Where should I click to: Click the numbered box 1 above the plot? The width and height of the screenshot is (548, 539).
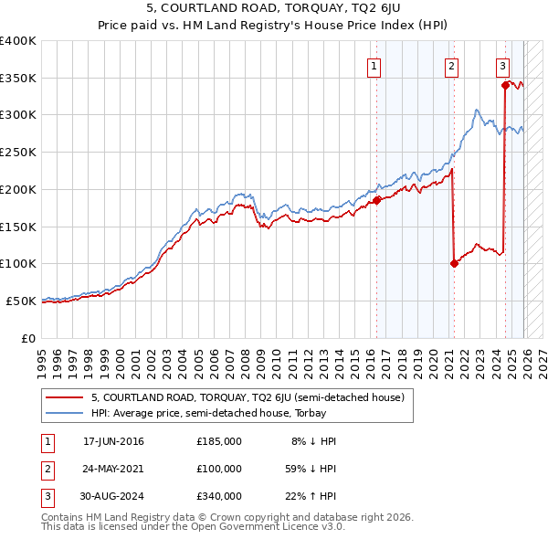374,65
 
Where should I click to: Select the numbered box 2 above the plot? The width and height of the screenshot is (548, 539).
452,65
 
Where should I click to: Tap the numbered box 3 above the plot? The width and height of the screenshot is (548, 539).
502,65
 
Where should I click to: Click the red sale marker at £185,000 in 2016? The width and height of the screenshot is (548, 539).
376,200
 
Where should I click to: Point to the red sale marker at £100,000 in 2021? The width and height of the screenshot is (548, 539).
454,263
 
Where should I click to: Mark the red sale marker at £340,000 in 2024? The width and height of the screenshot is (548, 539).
505,85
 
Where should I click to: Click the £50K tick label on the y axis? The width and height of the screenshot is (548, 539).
20,301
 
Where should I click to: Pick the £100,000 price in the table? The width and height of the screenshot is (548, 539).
218,469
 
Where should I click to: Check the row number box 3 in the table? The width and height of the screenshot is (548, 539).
47,496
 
